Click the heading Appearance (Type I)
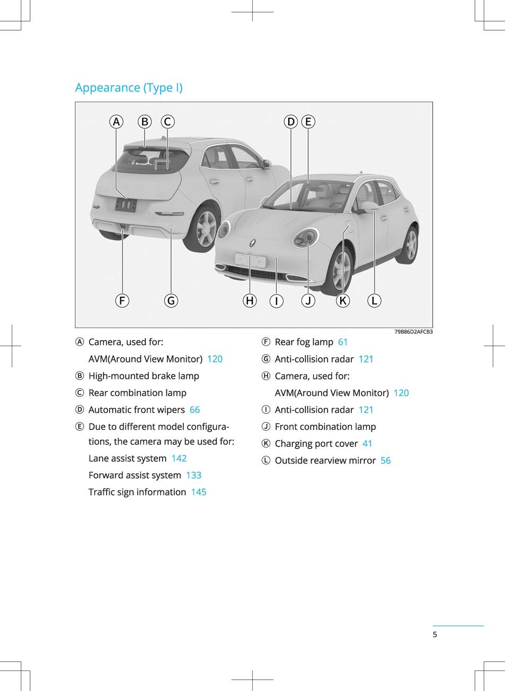129,88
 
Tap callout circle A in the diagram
116,121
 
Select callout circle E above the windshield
308,121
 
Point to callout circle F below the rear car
122,300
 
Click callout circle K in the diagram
343,300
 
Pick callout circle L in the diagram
374,300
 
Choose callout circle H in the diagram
250,300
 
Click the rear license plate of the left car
126,205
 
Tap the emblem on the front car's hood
252,243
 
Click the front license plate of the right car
250,261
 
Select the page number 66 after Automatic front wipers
194,410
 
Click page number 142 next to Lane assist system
179,458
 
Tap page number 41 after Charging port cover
367,444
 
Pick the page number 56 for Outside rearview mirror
386,460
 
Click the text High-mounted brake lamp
144,376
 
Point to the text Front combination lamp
325,427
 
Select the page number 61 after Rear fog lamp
343,342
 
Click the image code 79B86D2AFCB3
413,332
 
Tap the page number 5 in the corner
435,634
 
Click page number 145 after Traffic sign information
199,492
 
